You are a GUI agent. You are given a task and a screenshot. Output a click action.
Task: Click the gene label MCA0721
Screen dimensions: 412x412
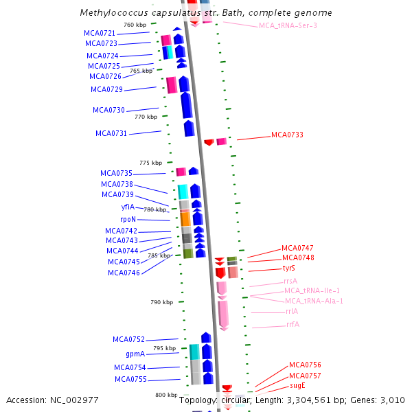99,33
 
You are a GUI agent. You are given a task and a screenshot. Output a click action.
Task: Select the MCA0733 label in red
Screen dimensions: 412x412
287,135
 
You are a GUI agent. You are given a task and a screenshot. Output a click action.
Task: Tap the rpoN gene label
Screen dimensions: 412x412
128,219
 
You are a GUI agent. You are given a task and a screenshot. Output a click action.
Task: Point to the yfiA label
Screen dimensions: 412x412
128,207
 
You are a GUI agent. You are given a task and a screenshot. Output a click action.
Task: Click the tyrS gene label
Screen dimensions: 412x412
289,268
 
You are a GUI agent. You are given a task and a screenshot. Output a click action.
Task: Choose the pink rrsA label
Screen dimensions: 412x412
290,281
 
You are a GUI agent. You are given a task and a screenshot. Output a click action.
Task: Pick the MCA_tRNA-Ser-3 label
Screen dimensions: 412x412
288,25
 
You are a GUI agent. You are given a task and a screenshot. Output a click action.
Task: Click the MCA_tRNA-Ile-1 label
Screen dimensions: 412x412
312,291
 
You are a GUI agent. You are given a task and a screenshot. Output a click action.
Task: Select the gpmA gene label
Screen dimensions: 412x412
135,354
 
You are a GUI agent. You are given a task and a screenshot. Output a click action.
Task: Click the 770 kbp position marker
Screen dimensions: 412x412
146,117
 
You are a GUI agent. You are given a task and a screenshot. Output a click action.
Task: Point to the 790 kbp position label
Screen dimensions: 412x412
161,302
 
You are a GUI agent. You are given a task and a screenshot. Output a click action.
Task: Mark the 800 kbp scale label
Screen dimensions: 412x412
166,395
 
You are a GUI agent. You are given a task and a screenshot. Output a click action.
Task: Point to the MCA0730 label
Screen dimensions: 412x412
108,110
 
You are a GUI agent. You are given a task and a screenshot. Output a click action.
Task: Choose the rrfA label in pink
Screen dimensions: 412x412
293,324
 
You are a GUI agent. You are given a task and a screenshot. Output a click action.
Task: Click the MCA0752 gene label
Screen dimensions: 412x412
128,339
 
